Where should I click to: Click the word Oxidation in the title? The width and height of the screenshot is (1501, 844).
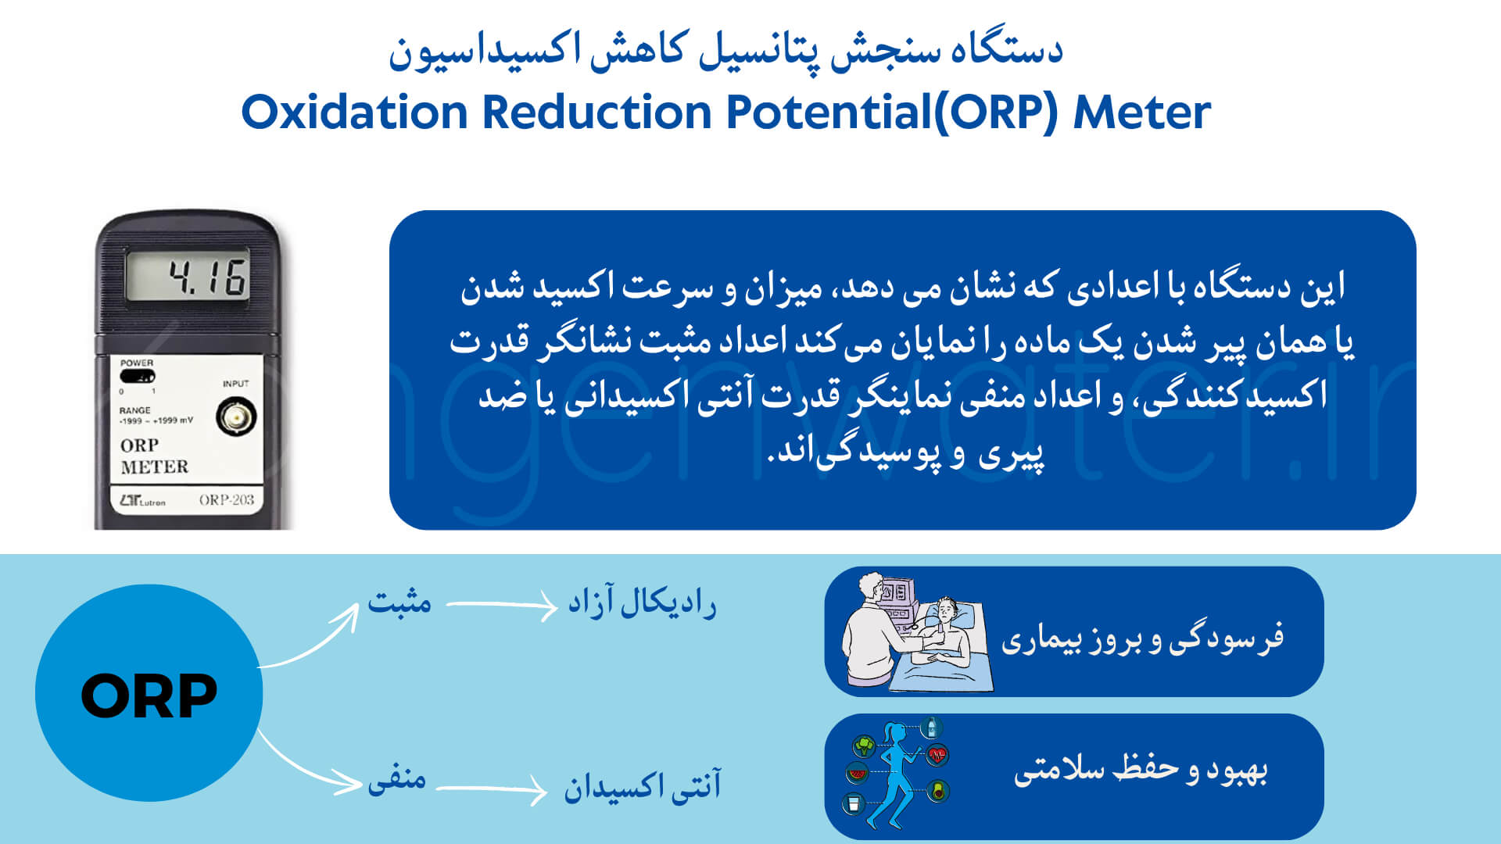tap(354, 112)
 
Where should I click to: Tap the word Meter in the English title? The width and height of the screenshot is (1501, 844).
tap(1142, 112)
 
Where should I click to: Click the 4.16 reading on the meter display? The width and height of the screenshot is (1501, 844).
tap(208, 277)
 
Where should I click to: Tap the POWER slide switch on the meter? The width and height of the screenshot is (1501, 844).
tap(138, 377)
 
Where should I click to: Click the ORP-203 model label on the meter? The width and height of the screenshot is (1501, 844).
tap(227, 500)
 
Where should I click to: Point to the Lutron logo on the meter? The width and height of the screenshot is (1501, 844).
tap(142, 501)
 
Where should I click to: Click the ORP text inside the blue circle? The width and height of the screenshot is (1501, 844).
tap(149, 696)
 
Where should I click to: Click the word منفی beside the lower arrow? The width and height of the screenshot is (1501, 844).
tap(397, 779)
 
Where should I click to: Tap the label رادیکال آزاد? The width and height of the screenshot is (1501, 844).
tap(642, 603)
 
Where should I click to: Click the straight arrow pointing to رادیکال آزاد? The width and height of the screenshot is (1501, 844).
tap(501, 605)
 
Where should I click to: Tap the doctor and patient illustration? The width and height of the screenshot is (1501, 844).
tap(916, 631)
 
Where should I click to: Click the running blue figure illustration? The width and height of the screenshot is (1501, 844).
tap(898, 773)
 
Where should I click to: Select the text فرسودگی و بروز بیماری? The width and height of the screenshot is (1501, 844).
tap(1143, 638)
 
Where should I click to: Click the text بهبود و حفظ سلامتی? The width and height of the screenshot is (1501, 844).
tap(1141, 769)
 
